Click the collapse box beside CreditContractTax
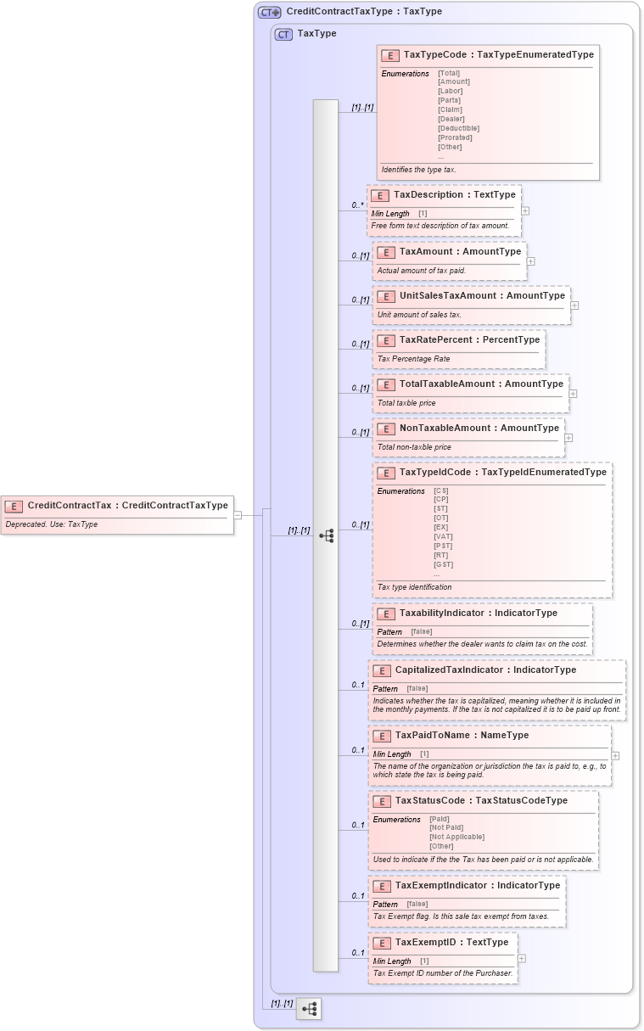[x=238, y=514]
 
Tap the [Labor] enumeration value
[x=451, y=91]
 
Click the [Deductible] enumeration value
[x=458, y=128]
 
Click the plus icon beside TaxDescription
[x=525, y=210]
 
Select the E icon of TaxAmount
[x=385, y=252]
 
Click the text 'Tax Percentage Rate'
[x=413, y=359]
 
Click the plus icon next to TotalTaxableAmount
[x=573, y=394]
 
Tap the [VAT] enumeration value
[x=443, y=536]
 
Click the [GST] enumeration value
[x=443, y=564]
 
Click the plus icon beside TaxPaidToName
[x=615, y=755]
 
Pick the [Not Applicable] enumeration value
[x=456, y=837]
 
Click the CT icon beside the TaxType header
[x=283, y=34]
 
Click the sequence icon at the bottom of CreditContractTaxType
[x=309, y=1009]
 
